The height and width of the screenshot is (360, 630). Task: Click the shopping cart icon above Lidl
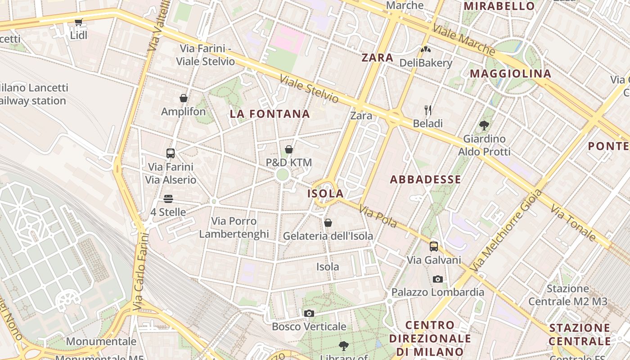point(79,22)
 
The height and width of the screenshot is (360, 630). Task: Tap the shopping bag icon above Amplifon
point(184,98)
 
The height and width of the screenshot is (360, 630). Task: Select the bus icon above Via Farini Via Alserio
point(171,153)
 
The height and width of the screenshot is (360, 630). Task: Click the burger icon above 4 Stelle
point(168,198)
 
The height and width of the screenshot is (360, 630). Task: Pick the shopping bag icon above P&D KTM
point(289,149)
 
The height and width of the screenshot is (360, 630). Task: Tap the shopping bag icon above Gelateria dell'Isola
point(328,222)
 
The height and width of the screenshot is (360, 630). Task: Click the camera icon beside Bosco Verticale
point(309,313)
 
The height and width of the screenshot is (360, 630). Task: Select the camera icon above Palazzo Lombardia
point(437,279)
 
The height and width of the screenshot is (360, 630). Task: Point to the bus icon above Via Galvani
point(434,247)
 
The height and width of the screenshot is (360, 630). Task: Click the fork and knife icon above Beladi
point(428,110)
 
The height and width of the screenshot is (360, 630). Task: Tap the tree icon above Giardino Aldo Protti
point(484,125)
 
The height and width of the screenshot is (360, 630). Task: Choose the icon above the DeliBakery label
point(426,49)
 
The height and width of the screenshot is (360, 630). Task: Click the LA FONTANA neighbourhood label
point(270,114)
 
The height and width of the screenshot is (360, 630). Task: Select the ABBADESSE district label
point(425,180)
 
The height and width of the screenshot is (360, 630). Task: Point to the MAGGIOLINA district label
point(510,73)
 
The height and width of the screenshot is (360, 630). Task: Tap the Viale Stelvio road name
point(309,89)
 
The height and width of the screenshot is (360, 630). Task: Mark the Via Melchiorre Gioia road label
point(506,230)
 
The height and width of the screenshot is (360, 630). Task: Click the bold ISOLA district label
point(325,193)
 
